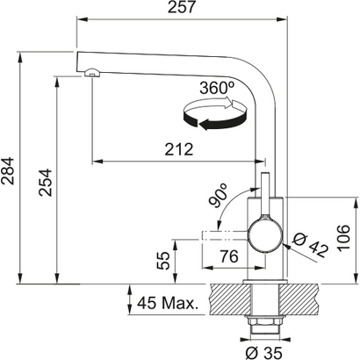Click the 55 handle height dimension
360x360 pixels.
pyautogui.click(x=162, y=259)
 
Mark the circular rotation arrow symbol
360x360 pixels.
pyautogui.click(x=224, y=116)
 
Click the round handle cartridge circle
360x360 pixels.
pyautogui.click(x=264, y=234)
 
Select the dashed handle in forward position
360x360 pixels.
pyautogui.click(x=224, y=234)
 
